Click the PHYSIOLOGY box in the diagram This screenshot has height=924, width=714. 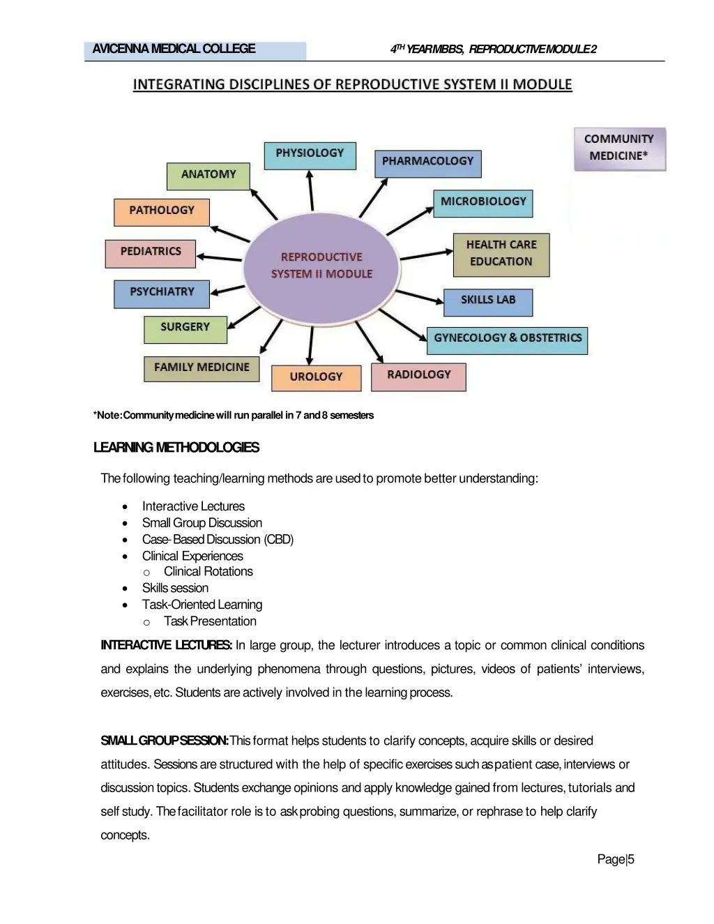click(x=310, y=155)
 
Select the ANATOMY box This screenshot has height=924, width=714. click(x=208, y=176)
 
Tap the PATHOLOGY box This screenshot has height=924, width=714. click(x=161, y=211)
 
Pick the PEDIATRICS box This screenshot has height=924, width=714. click(x=150, y=253)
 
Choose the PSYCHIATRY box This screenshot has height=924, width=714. click(x=161, y=294)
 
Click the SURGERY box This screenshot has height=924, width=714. click(x=185, y=328)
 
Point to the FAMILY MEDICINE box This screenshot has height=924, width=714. click(x=202, y=368)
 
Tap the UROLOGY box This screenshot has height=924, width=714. click(x=316, y=377)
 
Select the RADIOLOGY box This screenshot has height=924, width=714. click(x=418, y=376)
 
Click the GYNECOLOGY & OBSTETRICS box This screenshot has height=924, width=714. click(x=507, y=340)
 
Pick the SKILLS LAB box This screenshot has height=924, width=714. click(x=487, y=301)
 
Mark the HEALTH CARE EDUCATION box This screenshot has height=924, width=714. click(x=501, y=254)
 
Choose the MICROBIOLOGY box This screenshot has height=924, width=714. click(x=483, y=203)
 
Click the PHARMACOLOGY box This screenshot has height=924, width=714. click(x=427, y=162)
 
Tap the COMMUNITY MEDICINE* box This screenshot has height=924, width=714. click(x=619, y=148)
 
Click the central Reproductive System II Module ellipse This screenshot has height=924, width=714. click(x=321, y=266)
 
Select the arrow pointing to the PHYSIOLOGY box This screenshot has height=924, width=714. click(x=311, y=190)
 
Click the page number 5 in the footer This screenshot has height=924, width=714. click(x=631, y=859)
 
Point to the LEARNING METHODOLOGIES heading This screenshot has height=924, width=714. click(x=176, y=448)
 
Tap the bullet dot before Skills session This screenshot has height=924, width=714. click(x=125, y=589)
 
